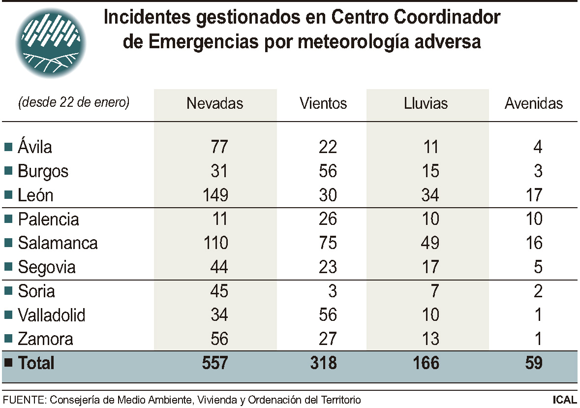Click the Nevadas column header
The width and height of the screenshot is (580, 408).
(x=215, y=103)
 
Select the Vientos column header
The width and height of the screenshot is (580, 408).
(x=323, y=103)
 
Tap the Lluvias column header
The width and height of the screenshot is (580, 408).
(x=426, y=103)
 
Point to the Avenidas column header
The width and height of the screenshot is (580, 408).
(x=534, y=103)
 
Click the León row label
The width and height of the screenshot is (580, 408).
(x=35, y=195)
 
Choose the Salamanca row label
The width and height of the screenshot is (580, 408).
(x=58, y=243)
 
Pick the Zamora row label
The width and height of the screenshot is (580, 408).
(x=45, y=339)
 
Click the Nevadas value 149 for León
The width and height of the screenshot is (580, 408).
(x=215, y=195)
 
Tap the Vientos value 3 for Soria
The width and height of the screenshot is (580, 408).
(x=333, y=291)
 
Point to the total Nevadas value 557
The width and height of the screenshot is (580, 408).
(x=215, y=363)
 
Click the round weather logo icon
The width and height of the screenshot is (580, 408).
(x=51, y=43)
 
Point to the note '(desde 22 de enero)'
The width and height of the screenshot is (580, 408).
(x=74, y=103)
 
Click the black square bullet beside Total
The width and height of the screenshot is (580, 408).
(x=8, y=363)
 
